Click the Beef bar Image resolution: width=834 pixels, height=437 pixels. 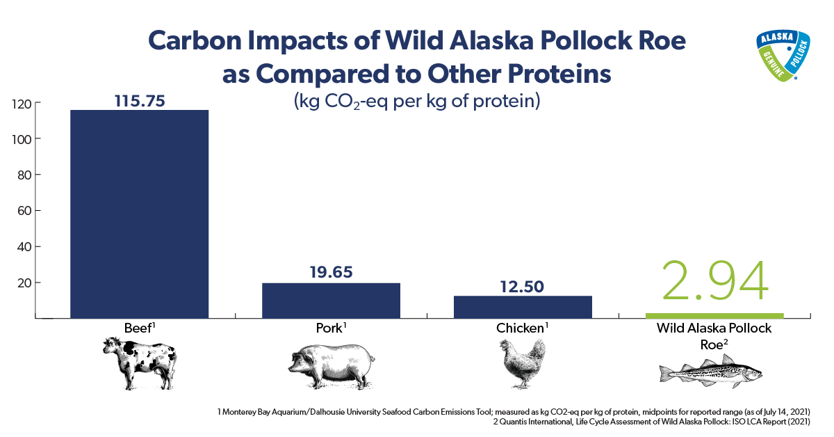139,214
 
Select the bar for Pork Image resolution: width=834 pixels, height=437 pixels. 331,301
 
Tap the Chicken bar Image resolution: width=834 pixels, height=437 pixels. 523,307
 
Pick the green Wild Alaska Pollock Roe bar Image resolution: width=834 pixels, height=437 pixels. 714,316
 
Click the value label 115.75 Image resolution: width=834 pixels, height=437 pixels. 140,101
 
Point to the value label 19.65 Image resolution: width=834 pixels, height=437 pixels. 331,272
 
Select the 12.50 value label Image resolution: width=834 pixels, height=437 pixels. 522,287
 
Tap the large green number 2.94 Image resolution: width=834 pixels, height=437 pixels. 715,280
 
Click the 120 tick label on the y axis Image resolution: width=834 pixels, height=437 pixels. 22,104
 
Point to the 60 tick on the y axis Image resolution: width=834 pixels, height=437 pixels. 24,211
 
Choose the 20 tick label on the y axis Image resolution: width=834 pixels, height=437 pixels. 24,283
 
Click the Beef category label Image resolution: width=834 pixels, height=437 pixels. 139,328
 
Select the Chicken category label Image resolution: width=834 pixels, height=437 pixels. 522,328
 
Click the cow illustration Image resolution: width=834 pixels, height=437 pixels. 140,363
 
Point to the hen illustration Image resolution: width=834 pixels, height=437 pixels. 522,363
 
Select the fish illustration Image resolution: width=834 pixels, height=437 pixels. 711,372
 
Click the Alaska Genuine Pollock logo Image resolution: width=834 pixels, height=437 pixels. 783,56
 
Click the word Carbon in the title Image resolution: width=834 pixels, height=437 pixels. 195,40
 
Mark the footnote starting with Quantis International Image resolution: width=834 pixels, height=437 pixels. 652,422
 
